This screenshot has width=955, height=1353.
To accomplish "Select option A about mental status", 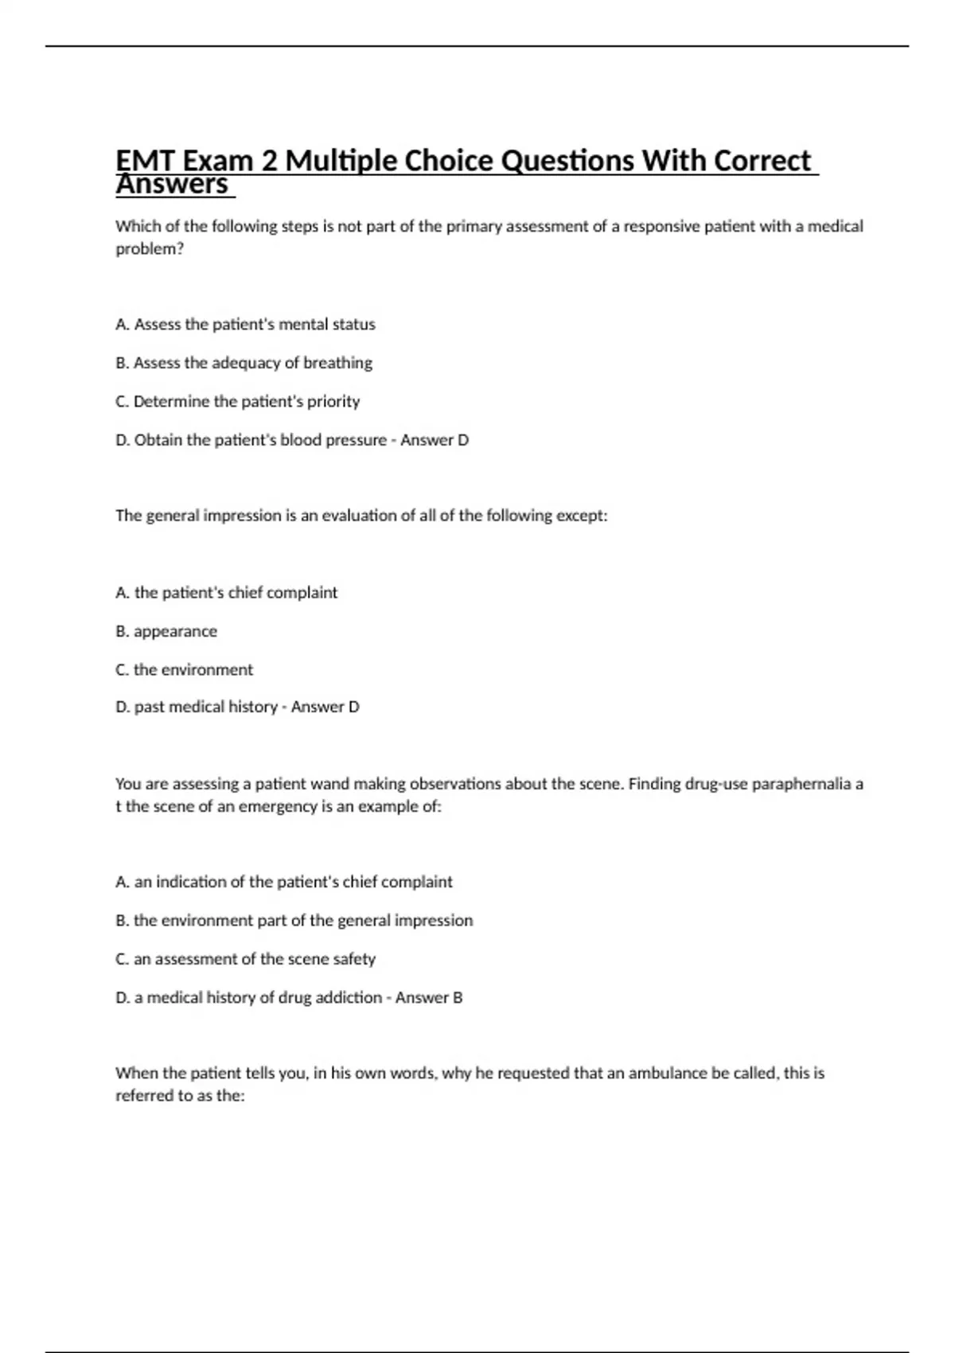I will (245, 325).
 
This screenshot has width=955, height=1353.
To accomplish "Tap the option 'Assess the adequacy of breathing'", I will (244, 363).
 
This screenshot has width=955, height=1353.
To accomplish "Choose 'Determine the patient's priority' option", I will (237, 402).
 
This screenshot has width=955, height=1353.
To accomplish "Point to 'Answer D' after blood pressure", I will (435, 440).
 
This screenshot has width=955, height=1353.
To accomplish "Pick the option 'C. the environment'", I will (184, 670).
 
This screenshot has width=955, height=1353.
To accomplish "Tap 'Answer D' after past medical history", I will (325, 707).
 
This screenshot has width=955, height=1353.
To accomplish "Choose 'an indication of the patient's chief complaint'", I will (283, 882).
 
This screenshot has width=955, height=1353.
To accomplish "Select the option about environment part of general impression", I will (294, 921).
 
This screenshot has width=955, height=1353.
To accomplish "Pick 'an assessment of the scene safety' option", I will (245, 959).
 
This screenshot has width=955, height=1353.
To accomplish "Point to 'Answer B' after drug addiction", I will (429, 998).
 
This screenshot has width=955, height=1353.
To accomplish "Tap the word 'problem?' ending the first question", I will (150, 249).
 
